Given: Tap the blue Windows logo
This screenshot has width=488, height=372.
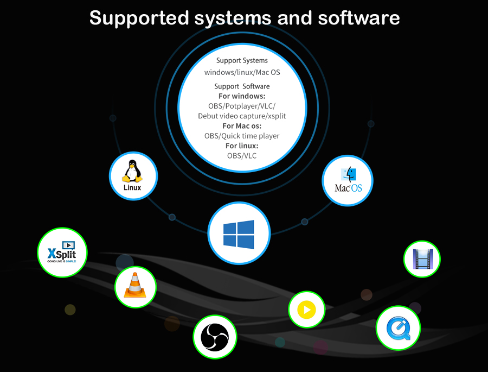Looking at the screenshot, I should pyautogui.click(x=239, y=234).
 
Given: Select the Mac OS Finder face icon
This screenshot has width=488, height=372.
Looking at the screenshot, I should pyautogui.click(x=349, y=174).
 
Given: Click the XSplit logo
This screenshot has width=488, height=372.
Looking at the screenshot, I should pyautogui.click(x=62, y=253).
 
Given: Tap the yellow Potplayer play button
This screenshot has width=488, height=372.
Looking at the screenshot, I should pyautogui.click(x=306, y=310).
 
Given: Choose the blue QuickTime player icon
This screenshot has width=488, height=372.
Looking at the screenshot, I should pyautogui.click(x=398, y=327).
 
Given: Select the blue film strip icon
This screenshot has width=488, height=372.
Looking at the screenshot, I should pyautogui.click(x=422, y=259).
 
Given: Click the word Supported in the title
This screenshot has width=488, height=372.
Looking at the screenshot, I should pyautogui.click(x=140, y=18).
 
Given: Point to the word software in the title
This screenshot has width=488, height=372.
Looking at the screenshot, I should pyautogui.click(x=359, y=18).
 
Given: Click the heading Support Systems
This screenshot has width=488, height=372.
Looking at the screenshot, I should pyautogui.click(x=242, y=61).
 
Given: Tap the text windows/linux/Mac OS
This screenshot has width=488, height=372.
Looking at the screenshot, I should pyautogui.click(x=242, y=72).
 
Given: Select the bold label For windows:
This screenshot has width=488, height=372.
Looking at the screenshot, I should pyautogui.click(x=242, y=96).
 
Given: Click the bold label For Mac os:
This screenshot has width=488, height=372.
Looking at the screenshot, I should pyautogui.click(x=242, y=126).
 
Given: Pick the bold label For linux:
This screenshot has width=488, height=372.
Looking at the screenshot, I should pyautogui.click(x=242, y=146).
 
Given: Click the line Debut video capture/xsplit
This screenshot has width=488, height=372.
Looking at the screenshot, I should pyautogui.click(x=242, y=116).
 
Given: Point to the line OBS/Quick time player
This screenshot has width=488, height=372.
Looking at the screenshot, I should pyautogui.click(x=242, y=136).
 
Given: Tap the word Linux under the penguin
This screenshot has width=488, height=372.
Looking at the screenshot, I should pyautogui.click(x=132, y=188).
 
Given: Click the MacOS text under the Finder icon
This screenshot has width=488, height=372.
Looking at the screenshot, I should pyautogui.click(x=348, y=188).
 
